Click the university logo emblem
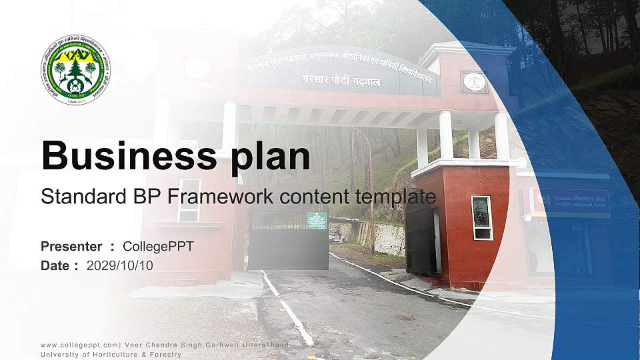pyautogui.click(x=80, y=70)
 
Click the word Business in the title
pyautogui.click(x=126, y=156)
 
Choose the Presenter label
pyautogui.click(x=71, y=247)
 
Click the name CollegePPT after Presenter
pyautogui.click(x=158, y=247)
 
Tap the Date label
pyautogui.click(x=56, y=265)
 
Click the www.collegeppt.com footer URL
pyautogui.click(x=79, y=345)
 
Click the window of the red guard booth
pyautogui.click(x=481, y=217)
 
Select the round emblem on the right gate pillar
pyautogui.click(x=474, y=82)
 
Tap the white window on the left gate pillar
pyautogui.click(x=189, y=200)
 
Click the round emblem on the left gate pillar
pyautogui.click(x=197, y=67)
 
